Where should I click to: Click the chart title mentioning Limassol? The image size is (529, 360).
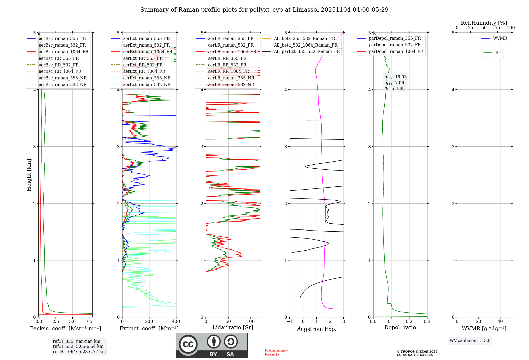point(264,10)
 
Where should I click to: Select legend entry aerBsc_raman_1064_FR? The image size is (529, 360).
point(63,52)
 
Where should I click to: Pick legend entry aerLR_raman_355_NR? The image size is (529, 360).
point(231,78)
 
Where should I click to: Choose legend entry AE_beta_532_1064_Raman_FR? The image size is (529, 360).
point(305,45)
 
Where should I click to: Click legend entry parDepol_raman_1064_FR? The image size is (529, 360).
point(396,52)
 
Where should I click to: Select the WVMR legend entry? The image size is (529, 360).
point(500,38)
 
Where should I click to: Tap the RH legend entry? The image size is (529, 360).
point(498,53)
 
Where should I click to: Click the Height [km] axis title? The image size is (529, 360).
point(29,175)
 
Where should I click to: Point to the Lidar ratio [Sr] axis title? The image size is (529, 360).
point(233,328)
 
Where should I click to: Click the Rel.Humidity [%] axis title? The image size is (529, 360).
point(484,23)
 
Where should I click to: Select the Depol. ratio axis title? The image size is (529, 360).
point(400,328)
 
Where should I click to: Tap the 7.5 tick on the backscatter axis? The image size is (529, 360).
point(89,322)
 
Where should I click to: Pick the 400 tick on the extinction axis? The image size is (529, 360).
point(176,322)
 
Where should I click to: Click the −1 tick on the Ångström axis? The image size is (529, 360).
point(290,322)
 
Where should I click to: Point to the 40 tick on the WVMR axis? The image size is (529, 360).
point(500,322)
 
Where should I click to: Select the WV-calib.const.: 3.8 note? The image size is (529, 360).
point(470,341)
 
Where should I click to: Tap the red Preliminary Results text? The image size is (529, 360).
point(276,352)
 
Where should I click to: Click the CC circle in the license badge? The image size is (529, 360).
point(188,344)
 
